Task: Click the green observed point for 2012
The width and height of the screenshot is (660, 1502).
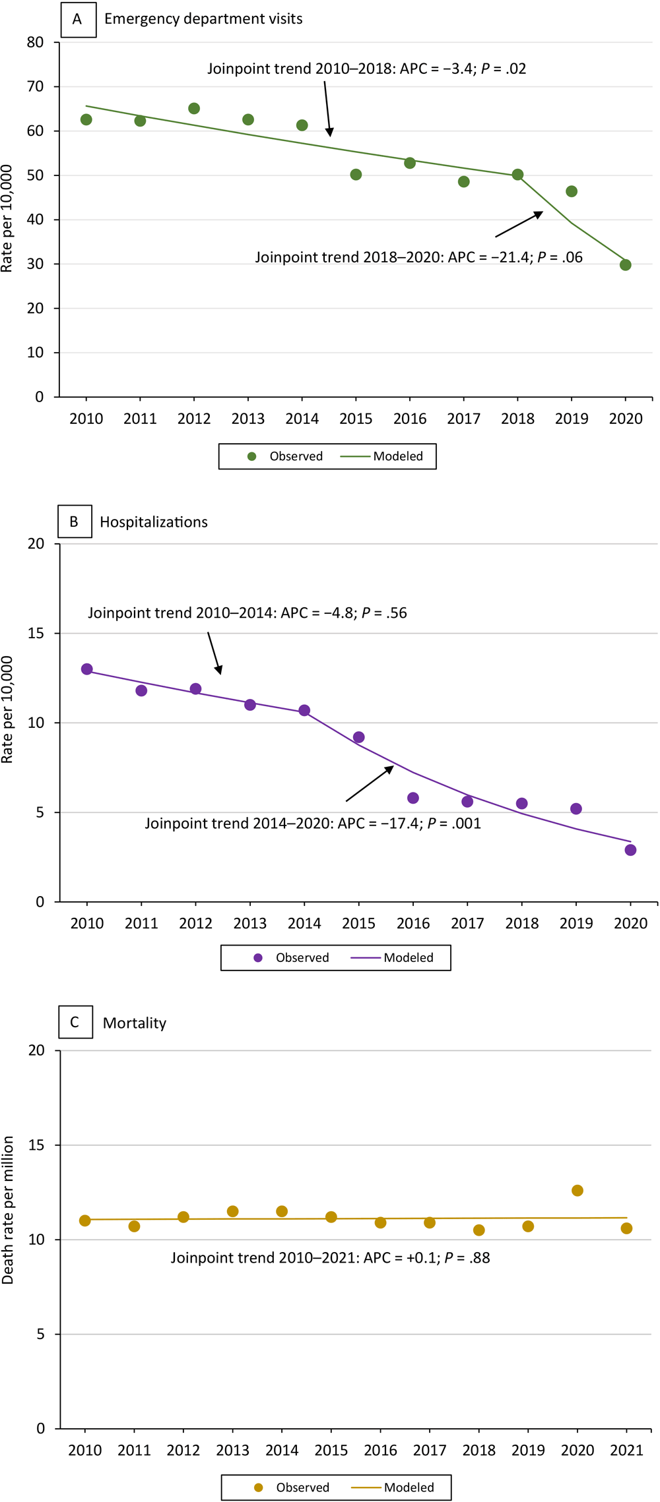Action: (194, 108)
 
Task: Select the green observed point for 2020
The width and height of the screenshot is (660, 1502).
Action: (626, 265)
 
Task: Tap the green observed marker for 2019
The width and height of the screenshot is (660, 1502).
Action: (572, 191)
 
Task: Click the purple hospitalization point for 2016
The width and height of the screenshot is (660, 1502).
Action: (413, 798)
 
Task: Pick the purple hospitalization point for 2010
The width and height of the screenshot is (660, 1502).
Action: (87, 669)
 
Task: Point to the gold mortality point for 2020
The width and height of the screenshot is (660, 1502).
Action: (577, 1191)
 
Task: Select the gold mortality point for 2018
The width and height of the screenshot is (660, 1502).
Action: (479, 1230)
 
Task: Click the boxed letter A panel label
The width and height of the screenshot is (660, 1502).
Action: (78, 19)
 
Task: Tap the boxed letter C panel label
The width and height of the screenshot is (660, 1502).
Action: (75, 1022)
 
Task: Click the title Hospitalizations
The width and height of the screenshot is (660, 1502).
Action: (154, 522)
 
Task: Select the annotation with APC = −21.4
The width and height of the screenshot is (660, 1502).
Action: (418, 257)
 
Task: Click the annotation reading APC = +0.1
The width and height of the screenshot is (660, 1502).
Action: (330, 1257)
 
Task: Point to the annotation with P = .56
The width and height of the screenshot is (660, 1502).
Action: (247, 613)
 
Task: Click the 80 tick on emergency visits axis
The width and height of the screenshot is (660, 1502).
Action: (36, 42)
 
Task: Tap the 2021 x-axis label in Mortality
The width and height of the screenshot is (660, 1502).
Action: (626, 1450)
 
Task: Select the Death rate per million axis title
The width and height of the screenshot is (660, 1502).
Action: (8, 1210)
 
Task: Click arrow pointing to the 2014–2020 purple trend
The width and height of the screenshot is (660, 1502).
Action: (370, 784)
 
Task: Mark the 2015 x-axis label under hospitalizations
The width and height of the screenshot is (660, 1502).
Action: (358, 923)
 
